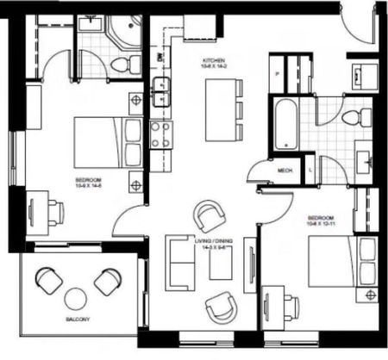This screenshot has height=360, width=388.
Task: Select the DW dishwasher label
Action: (x=160, y=58)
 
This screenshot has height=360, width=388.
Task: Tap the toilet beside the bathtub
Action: (x=354, y=118)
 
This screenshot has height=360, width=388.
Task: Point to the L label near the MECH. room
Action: (x=310, y=171)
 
